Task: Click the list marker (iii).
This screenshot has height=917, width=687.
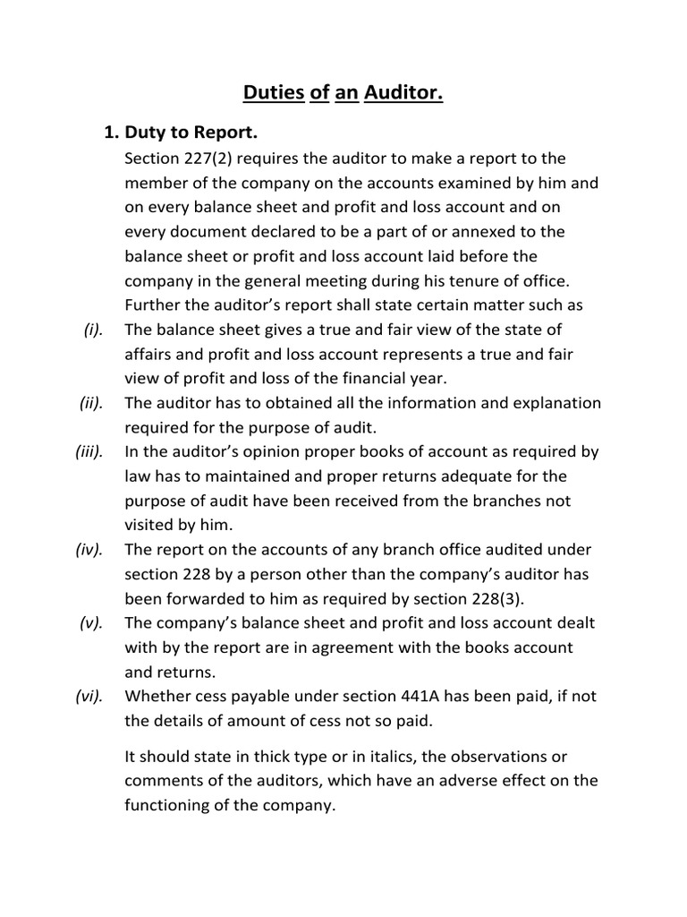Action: point(90,451)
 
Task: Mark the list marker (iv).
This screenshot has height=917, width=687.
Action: point(91,549)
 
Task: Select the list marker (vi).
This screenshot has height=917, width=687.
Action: point(91,695)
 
